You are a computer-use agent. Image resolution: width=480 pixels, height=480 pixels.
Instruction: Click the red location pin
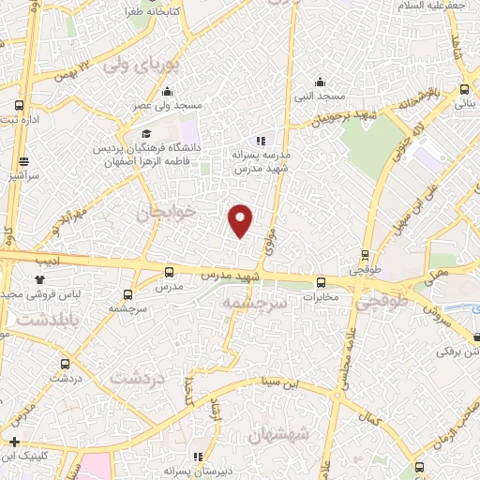point(241,219)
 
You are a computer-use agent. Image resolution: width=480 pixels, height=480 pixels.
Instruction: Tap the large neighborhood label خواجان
point(169,214)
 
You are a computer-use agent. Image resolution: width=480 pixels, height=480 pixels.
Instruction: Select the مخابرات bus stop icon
point(321,281)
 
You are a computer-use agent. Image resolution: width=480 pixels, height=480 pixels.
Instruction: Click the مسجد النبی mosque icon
point(320,81)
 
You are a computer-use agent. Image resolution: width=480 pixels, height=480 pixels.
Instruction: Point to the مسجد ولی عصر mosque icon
point(167,91)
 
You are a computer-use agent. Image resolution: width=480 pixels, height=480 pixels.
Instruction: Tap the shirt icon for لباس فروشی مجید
point(39,278)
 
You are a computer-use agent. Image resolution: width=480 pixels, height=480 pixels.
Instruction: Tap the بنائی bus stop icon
point(464,90)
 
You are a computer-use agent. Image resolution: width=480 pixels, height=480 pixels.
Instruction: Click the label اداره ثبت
point(19,119)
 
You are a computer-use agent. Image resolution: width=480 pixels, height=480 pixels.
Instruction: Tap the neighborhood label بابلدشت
point(35,318)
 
